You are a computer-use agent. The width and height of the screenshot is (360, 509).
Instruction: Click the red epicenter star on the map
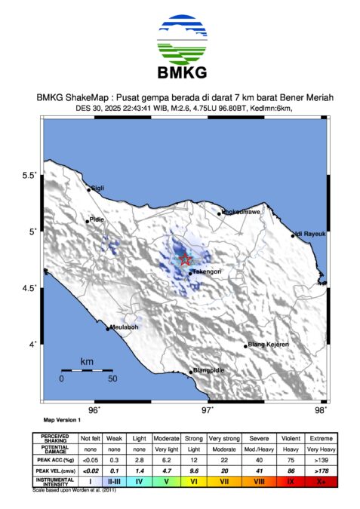tap(186, 259)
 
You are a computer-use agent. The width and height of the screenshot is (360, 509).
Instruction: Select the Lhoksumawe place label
tap(238, 212)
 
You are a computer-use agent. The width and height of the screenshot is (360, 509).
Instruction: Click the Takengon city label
tap(206, 271)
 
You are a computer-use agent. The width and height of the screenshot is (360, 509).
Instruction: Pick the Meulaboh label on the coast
tap(124, 327)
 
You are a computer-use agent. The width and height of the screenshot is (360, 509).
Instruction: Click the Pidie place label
tap(96, 219)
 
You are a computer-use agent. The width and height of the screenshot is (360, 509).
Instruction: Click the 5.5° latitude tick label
tap(29, 175)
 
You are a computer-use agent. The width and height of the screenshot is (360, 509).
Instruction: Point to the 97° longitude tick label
tap(208, 409)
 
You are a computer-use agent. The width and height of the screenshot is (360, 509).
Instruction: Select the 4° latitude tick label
tap(32, 345)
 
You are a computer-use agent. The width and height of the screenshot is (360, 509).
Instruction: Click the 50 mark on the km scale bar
tap(112, 379)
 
